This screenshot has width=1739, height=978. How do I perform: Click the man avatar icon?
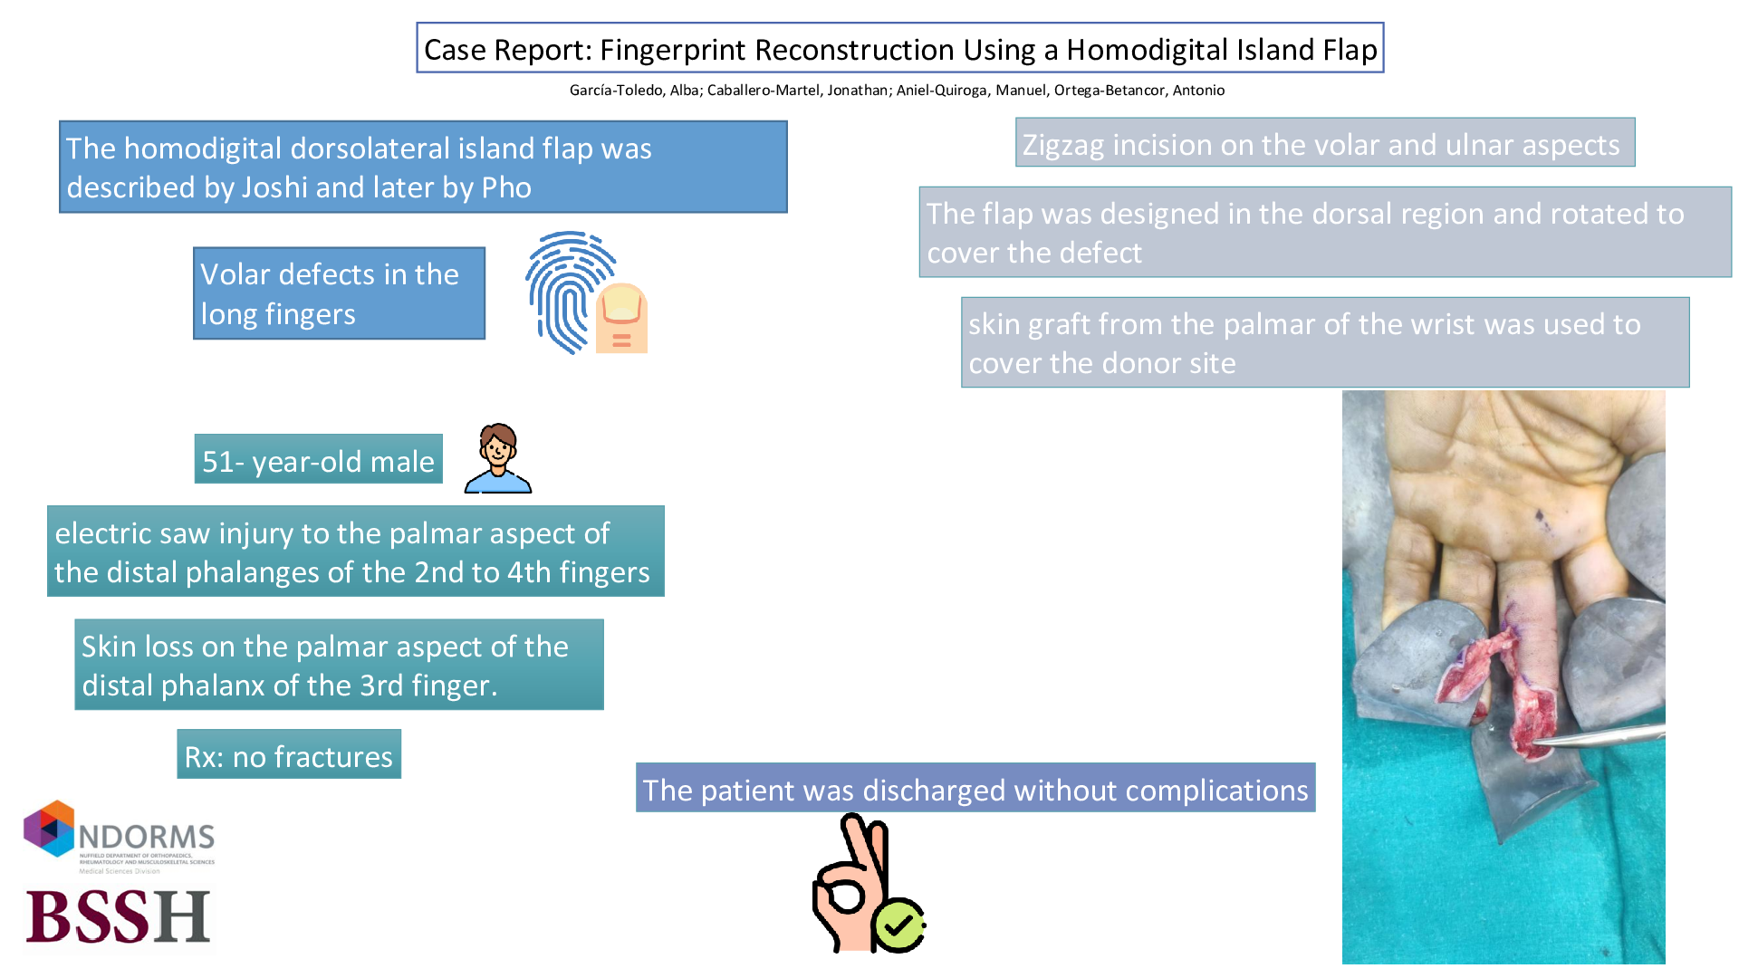[497, 458]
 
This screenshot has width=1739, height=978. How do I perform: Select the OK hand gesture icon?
[851, 883]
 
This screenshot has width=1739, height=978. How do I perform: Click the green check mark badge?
[898, 925]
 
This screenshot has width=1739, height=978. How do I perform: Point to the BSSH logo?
[118, 916]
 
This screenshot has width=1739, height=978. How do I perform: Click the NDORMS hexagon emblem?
[49, 828]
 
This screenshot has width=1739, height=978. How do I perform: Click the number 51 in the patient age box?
[218, 462]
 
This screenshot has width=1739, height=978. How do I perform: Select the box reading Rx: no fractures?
[289, 756]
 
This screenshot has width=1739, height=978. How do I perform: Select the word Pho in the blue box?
[506, 187]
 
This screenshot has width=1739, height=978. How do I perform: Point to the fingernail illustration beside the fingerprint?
[621, 317]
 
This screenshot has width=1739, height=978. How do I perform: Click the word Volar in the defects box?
[235, 274]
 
